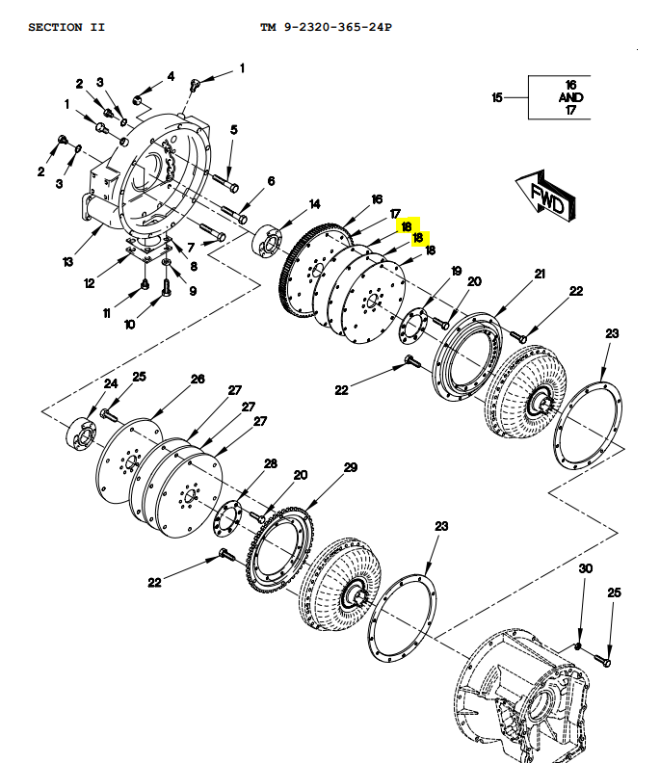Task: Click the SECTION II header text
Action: point(66,27)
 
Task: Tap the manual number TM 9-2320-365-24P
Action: point(326,27)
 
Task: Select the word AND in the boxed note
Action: point(570,98)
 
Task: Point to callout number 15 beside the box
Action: point(497,98)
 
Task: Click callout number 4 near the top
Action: point(171,76)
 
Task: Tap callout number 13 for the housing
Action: point(67,262)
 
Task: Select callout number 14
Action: point(314,204)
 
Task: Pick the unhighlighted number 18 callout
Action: point(430,250)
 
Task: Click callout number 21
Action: point(540,275)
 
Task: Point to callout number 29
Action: point(351,467)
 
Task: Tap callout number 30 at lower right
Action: point(585,569)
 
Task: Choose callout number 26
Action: point(198,380)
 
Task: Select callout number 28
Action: point(271,464)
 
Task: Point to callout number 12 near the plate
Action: point(90,283)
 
